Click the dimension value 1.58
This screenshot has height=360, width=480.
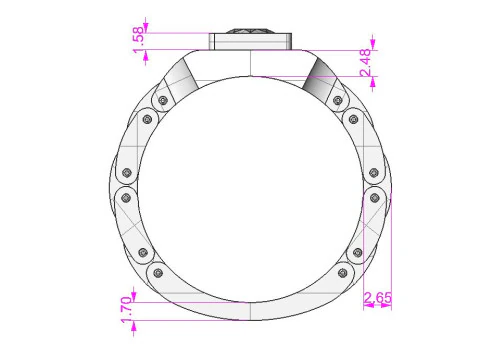tap(138, 36)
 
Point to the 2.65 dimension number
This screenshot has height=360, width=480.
tap(378, 298)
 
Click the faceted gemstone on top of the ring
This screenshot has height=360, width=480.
tap(250, 30)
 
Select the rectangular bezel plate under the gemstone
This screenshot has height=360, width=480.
tap(250, 42)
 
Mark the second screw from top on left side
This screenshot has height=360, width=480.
tap(147, 118)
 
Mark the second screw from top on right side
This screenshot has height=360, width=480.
tap(353, 118)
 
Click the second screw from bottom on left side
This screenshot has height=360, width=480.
tap(141, 251)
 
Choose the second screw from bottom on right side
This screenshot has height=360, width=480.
tap(358, 251)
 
